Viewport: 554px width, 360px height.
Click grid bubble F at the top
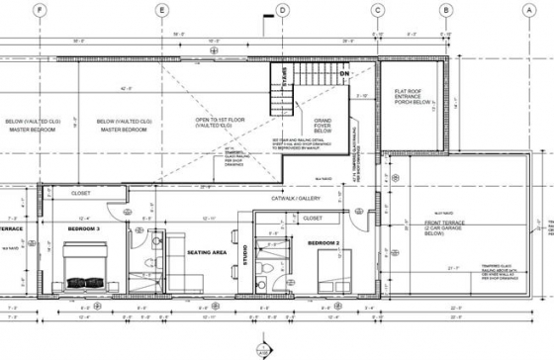click(x=41, y=10)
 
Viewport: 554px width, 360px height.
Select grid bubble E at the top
click(x=161, y=10)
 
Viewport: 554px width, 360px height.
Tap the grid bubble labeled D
click(x=282, y=10)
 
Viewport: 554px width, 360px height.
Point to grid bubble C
click(x=377, y=10)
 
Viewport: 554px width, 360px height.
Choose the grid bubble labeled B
click(x=446, y=10)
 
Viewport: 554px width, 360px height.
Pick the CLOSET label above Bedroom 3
click(x=81, y=194)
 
